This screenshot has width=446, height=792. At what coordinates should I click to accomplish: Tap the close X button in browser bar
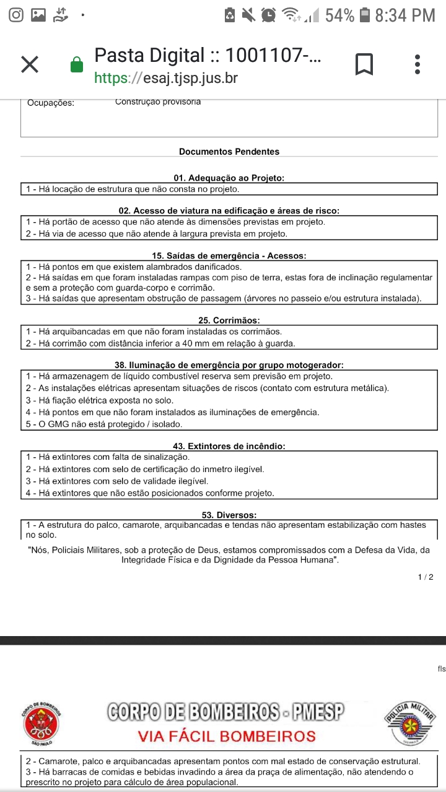coord(30,64)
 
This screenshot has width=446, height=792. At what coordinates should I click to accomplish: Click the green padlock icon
coord(77,64)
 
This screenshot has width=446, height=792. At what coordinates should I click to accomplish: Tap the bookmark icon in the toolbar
coord(364,64)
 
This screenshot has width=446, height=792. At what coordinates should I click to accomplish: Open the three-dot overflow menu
coord(418,64)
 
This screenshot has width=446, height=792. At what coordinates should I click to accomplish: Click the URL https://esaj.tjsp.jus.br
coord(165,79)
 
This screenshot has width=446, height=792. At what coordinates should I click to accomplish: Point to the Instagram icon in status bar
coord(17,15)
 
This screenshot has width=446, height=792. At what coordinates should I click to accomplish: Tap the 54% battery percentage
coord(339,15)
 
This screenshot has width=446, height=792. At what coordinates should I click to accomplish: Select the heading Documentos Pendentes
coord(229,152)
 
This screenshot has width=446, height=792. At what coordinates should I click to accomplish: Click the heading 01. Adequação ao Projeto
coord(229,178)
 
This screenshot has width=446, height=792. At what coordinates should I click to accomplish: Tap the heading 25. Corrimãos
coord(229,321)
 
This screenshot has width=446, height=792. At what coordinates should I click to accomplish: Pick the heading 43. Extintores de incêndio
coord(229,446)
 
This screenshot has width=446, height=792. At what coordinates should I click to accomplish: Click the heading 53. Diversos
coord(229,515)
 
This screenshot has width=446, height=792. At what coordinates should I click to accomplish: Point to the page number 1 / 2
coord(426,577)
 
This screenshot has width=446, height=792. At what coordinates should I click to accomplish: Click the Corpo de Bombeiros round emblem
coord(42,722)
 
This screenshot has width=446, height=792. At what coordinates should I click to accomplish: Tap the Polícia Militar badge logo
coord(410,722)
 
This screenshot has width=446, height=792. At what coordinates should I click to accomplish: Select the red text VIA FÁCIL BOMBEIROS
coord(227,736)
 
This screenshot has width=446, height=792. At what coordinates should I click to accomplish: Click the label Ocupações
coord(51,103)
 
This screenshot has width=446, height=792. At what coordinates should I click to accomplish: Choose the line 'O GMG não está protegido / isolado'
coord(104,424)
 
